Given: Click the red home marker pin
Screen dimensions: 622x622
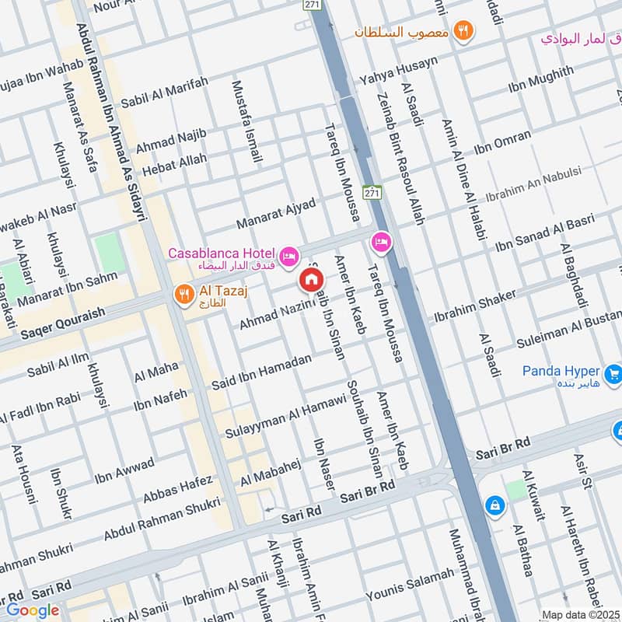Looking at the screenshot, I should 311,279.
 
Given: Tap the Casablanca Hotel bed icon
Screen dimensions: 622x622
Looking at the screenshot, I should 288,256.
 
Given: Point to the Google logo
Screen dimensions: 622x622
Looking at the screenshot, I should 32,610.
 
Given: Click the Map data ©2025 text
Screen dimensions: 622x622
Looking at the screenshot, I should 580,614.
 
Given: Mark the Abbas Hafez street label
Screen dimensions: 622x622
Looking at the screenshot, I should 177,490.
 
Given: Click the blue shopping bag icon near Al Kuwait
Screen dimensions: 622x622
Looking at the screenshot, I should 493,505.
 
